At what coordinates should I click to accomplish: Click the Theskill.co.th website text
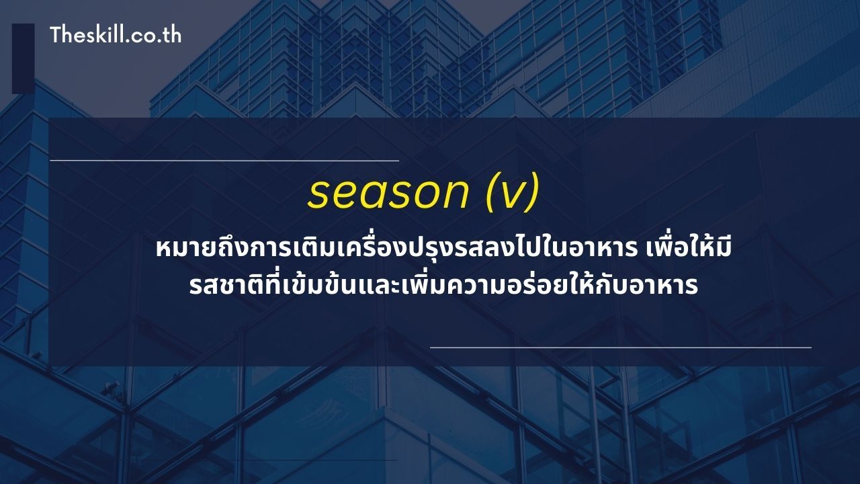(115, 35)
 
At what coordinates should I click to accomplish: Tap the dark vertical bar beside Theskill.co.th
(23, 58)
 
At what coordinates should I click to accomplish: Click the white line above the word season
(224, 161)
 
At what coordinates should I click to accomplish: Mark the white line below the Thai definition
(620, 348)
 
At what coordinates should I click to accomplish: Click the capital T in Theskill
(56, 35)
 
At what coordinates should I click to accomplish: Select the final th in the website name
(172, 35)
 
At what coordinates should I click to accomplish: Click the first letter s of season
(318, 194)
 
